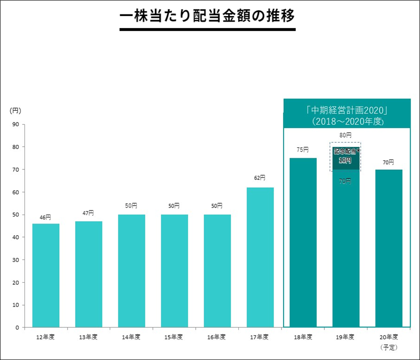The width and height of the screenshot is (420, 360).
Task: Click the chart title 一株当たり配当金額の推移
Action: [207, 16]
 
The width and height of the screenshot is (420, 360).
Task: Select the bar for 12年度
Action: [46, 275]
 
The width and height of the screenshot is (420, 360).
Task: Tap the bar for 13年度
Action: [89, 274]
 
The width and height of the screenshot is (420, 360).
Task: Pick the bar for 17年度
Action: [260, 257]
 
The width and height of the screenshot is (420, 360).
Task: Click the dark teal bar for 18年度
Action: [303, 242]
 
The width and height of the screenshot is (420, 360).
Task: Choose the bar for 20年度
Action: [389, 248]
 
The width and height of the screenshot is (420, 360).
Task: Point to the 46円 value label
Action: [45, 217]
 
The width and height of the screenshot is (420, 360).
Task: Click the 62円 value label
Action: [260, 178]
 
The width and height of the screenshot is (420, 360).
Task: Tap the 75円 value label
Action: [303, 150]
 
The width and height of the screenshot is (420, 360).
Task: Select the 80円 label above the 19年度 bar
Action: [345, 135]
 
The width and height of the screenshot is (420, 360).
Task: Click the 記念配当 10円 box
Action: [345, 156]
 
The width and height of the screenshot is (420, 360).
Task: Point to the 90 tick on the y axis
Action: [15, 124]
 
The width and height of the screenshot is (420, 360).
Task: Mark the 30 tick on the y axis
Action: [15, 260]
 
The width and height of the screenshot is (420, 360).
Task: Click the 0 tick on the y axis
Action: [17, 327]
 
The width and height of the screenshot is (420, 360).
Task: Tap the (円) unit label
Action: [15, 110]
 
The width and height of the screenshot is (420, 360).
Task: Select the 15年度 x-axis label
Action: [174, 337]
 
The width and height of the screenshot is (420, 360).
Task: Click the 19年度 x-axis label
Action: [345, 337]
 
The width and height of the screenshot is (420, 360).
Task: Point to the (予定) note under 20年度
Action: [389, 347]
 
